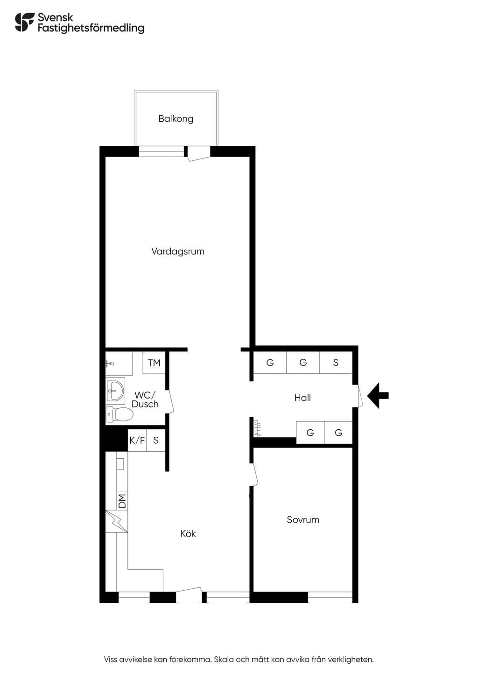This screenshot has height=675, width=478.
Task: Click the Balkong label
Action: click(176, 119)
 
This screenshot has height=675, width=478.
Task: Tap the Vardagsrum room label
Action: click(178, 251)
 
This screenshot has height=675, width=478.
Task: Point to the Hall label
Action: click(302, 398)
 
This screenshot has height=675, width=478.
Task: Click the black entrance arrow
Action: click(378, 395)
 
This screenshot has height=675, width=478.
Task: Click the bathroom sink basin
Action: click(115, 391)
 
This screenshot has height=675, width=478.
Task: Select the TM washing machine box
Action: click(154, 363)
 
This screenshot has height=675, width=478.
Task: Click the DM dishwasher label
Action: click(122, 501)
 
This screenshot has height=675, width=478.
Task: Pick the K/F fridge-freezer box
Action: click(137, 440)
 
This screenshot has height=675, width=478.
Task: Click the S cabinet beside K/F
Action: click(156, 440)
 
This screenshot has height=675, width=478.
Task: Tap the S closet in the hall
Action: click(336, 363)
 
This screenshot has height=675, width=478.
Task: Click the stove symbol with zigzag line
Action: click(117, 521)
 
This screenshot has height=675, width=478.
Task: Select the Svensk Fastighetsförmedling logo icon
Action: click(24, 22)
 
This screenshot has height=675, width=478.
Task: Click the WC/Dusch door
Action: click(170, 401)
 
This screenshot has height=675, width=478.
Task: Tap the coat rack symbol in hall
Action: click(257, 428)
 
